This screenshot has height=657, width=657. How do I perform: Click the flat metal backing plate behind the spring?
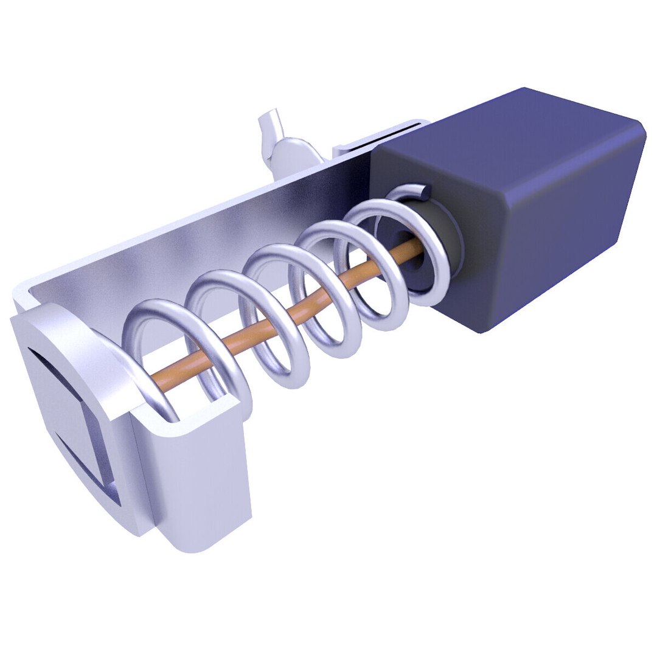(x=201, y=243)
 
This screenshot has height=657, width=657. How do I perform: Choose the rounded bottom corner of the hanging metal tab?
(x=182, y=544)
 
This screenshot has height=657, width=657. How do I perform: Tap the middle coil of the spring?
(x=274, y=310)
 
